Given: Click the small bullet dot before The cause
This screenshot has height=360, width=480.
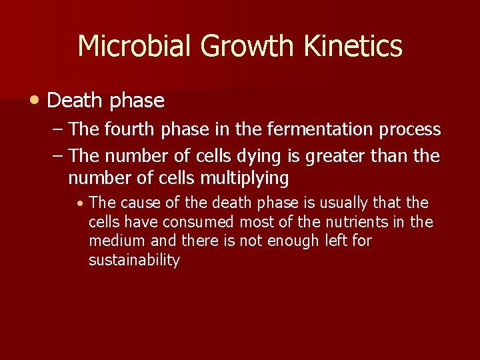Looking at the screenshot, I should [80, 203].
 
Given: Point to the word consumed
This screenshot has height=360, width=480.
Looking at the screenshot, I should [201, 222].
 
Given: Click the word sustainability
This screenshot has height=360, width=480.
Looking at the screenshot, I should [134, 260].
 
